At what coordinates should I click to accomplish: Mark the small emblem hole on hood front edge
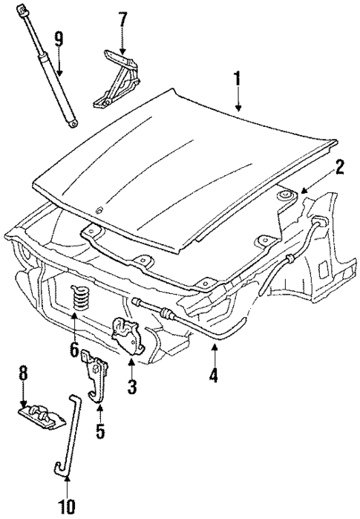click(x=101, y=210)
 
